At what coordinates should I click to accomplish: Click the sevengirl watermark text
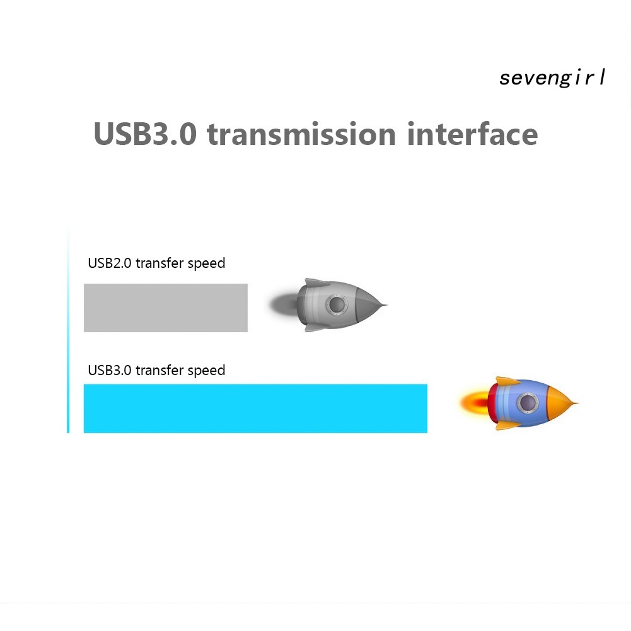click(552, 78)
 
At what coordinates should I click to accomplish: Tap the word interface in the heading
click(473, 135)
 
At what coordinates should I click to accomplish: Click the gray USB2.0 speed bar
click(165, 308)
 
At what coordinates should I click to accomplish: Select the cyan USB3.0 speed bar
click(255, 408)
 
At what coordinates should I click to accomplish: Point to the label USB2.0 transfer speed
click(156, 263)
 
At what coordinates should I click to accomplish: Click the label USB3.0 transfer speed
click(156, 370)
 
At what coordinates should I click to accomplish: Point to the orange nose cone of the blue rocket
click(560, 403)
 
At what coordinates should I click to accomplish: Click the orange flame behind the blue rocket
click(473, 402)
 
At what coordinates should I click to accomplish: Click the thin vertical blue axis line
click(68, 334)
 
